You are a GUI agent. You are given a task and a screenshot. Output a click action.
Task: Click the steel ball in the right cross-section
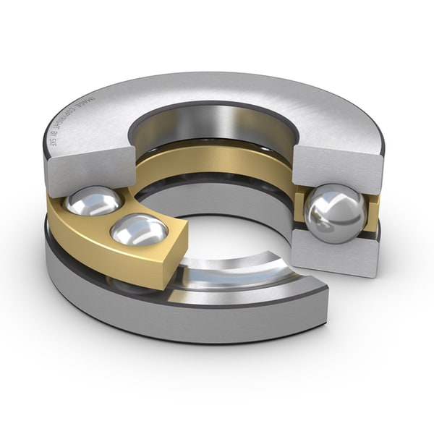334,213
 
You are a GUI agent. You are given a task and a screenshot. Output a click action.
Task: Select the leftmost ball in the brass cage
93,200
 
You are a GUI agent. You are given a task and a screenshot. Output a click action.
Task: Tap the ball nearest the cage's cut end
140,230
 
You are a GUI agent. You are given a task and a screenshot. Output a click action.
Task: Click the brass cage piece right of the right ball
372,217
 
